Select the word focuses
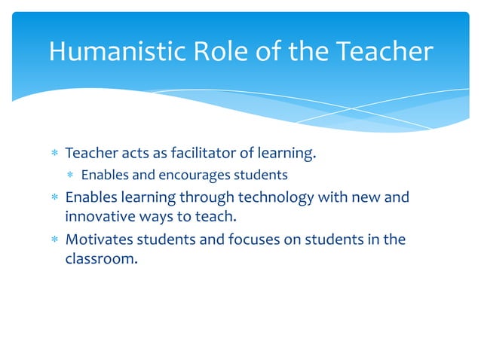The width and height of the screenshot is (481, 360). click(x=251, y=240)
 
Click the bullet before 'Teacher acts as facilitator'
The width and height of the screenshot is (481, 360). click(x=54, y=154)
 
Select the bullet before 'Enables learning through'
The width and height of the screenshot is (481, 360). click(x=54, y=199)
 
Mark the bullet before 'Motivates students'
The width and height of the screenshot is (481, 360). click(x=54, y=241)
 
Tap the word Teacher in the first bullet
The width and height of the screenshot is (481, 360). click(x=87, y=154)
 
